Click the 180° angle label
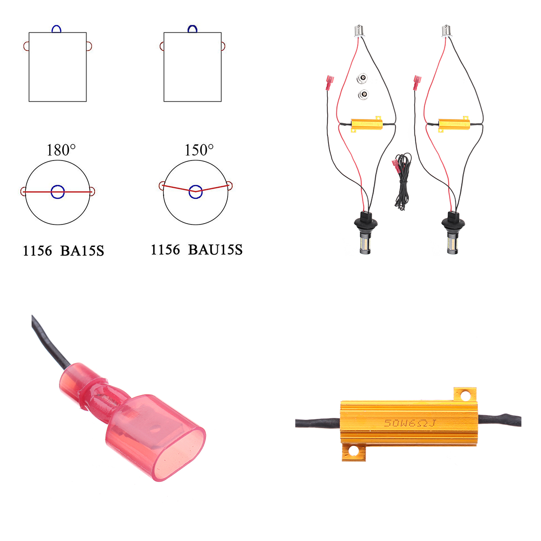tap(61, 150)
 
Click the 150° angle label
tap(199, 150)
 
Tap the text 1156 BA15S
tap(63, 251)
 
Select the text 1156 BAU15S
tap(197, 250)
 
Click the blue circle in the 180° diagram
tap(58, 192)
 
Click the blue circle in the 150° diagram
tap(195, 191)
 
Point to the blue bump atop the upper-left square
tap(56, 29)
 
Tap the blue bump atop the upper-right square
tap(193, 29)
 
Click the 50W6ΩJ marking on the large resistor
tap(409, 423)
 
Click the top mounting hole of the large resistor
tap(465, 396)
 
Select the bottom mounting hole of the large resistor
tap(353, 450)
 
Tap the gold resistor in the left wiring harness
tap(367, 124)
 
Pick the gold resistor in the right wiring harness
tap(454, 124)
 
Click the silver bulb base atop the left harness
tap(359, 32)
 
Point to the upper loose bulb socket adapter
tap(362, 79)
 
